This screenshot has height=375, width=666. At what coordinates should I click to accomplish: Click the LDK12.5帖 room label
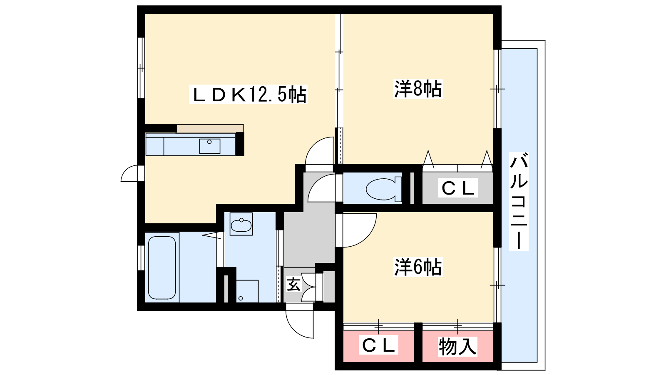coord(248,94)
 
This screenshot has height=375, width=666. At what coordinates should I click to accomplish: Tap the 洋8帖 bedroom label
coord(418,89)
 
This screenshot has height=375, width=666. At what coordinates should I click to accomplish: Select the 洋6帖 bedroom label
coord(418,267)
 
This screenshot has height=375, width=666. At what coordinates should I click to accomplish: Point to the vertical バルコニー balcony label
coord(519,201)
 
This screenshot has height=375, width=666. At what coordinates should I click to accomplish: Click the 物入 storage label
coord(457,346)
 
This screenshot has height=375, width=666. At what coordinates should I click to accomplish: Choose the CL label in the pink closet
coord(378,345)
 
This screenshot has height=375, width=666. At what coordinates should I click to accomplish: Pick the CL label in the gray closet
coord(458,187)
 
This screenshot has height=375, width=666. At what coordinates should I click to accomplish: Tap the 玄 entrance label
coord(293,284)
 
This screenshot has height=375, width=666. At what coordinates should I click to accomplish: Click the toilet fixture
coord(384,189)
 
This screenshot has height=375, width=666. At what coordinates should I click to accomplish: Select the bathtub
coord(162,267)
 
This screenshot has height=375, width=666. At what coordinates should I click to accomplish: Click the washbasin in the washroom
coord(241,224)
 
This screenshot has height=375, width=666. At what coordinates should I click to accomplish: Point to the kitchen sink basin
coord(210,146)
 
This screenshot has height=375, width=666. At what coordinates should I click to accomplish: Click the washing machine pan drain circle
coord(241,298)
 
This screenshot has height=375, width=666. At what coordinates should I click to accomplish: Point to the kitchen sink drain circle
coord(209,142)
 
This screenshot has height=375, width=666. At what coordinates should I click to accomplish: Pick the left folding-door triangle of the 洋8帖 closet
coord(428,159)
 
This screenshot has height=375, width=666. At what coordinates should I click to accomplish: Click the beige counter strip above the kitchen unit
coord(210,129)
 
